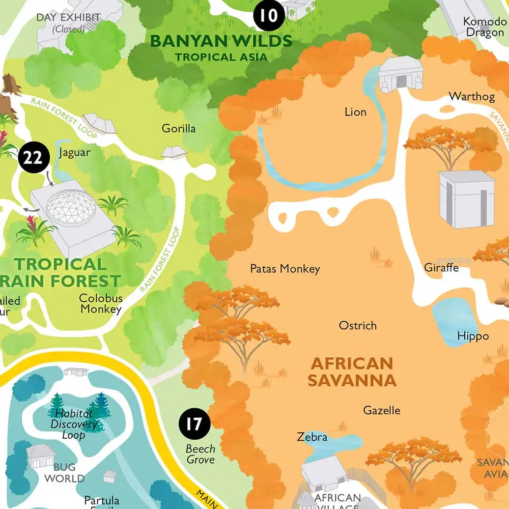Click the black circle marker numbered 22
(33, 158)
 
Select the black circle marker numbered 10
(269, 16)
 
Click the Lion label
(355, 111)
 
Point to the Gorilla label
(179, 128)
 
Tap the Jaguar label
(74, 152)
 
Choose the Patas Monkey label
(285, 269)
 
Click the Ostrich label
(358, 325)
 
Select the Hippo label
(472, 336)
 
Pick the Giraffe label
(441, 267)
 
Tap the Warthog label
(465, 96)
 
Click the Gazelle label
(382, 410)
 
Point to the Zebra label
(312, 437)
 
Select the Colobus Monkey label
(101, 304)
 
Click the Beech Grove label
(200, 454)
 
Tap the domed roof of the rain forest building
(70, 206)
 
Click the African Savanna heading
(353, 372)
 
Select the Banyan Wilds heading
(221, 46)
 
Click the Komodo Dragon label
(484, 27)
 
